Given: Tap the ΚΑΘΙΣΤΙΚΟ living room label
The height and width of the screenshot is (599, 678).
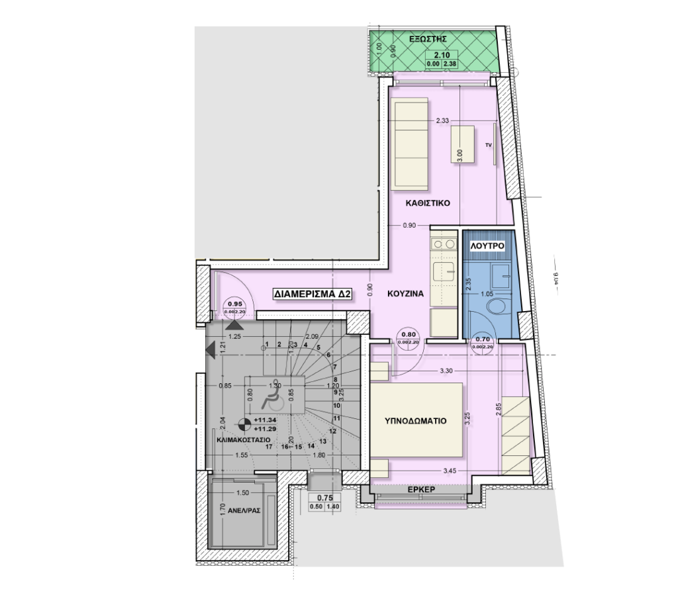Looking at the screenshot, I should pyautogui.click(x=429, y=204).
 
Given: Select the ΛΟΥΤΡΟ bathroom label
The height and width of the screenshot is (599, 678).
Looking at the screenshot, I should pyautogui.click(x=488, y=246).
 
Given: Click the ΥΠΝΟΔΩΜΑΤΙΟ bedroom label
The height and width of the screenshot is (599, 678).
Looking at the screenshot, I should pyautogui.click(x=415, y=420).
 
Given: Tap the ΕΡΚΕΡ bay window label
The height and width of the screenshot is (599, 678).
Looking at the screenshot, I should pyautogui.click(x=420, y=490).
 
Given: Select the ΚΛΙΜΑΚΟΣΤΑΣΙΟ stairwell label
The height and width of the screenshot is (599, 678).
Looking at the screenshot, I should pyautogui.click(x=243, y=439).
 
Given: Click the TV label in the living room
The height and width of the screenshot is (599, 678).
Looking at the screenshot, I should pyautogui.click(x=489, y=144).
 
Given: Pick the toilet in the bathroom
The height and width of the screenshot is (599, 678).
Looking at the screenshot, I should pyautogui.click(x=495, y=306).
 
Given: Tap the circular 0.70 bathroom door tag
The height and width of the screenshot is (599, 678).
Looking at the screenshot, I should pyautogui.click(x=482, y=342).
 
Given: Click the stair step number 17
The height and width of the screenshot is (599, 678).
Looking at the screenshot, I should pyautogui.click(x=269, y=447).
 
